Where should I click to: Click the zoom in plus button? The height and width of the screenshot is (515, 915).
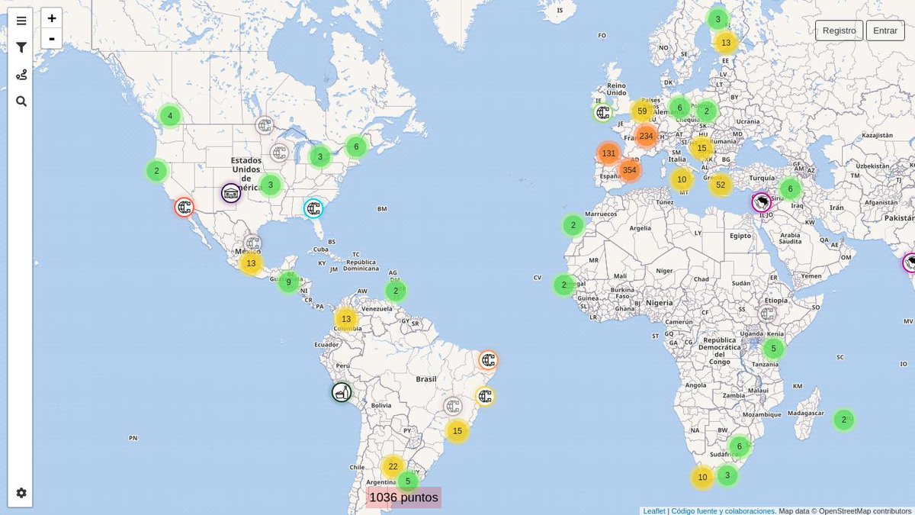click(x=52, y=18)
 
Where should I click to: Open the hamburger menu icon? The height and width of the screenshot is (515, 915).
click(x=21, y=21)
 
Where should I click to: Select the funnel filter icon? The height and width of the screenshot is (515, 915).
click(x=21, y=47)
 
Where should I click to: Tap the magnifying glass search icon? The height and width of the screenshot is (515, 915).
click(x=21, y=101)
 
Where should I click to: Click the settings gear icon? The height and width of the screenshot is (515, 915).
click(x=21, y=493)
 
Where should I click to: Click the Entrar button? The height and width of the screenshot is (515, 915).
click(x=884, y=31)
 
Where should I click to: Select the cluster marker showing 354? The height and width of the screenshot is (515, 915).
click(x=629, y=170)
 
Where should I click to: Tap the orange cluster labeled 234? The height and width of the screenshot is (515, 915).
click(x=646, y=136)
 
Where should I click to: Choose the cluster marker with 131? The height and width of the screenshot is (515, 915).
click(x=608, y=153)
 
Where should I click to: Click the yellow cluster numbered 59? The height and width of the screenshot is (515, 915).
click(x=642, y=111)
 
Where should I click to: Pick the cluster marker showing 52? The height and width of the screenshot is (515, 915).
click(x=721, y=185)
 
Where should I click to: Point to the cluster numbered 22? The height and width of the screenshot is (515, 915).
click(x=393, y=466)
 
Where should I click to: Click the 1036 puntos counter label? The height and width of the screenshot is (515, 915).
click(x=403, y=497)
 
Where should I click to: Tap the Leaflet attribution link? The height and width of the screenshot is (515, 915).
click(x=653, y=510)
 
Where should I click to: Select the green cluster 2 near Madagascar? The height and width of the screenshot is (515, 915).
click(x=843, y=420)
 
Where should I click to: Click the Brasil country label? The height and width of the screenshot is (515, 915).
click(x=425, y=379)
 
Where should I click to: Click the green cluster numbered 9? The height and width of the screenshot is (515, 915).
click(x=288, y=282)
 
